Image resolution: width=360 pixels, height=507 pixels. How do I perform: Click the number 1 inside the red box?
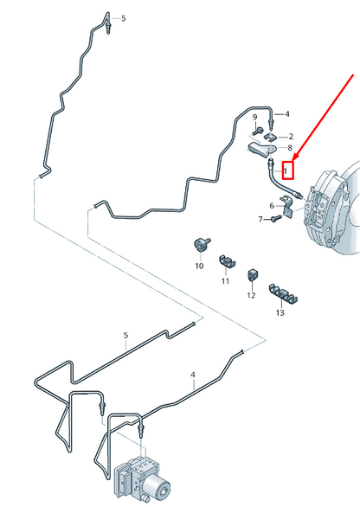(285, 170)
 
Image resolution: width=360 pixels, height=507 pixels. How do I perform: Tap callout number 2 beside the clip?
(291, 137)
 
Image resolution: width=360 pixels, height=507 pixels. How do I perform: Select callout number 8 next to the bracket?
(290, 148)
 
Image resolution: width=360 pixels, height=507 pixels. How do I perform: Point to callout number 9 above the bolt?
(255, 117)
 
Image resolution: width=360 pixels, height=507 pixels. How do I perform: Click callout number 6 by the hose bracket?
(272, 206)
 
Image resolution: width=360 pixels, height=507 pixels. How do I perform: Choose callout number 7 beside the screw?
(260, 220)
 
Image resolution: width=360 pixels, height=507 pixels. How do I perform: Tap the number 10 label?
(199, 266)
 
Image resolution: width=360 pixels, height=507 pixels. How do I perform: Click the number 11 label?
(225, 281)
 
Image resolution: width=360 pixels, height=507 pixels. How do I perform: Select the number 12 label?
(251, 295)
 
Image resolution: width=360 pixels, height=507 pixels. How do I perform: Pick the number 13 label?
(280, 312)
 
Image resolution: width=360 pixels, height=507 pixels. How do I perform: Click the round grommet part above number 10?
(201, 244)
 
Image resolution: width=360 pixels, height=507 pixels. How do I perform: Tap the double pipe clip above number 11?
(227, 260)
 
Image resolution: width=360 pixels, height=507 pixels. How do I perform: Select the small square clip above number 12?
(252, 275)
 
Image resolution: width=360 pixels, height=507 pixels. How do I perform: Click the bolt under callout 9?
(258, 131)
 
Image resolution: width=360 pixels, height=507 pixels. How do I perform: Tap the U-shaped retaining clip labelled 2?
(271, 137)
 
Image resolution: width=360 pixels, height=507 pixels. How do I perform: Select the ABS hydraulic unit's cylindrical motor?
(157, 485)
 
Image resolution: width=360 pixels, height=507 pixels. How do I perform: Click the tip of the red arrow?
(293, 161)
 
